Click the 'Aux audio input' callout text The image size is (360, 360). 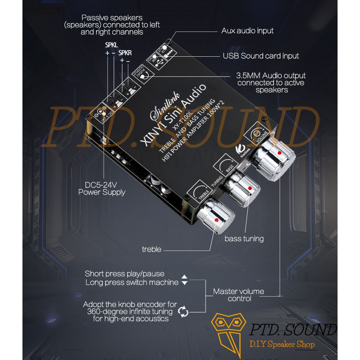[x=247, y=31]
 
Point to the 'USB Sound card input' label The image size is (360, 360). [x=261, y=56]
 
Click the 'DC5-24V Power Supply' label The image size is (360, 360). [x=102, y=188]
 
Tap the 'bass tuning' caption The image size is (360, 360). [x=244, y=239]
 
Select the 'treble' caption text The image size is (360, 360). [x=152, y=249]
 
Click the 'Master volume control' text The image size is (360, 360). [x=239, y=295]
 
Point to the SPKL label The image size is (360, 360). [x=111, y=45]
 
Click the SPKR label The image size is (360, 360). [x=125, y=52]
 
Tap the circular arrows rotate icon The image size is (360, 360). [x=184, y=311]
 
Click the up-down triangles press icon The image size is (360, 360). [x=184, y=280]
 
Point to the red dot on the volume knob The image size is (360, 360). [x=280, y=152]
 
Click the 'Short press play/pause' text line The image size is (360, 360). [x=124, y=274]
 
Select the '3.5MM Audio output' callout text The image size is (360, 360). [x=271, y=76]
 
